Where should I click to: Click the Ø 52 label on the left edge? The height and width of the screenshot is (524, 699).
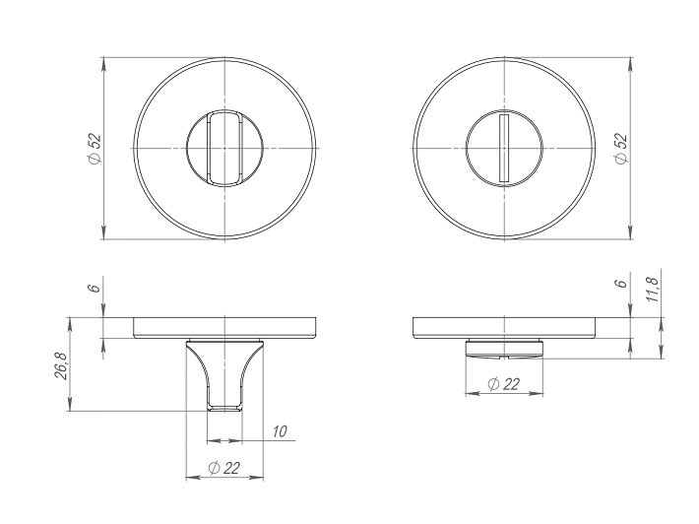click(94, 148)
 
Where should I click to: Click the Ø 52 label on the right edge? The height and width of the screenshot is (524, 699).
click(620, 148)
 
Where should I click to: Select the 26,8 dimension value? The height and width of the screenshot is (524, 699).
click(61, 365)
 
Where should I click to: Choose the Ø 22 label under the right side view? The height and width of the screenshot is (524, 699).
click(503, 385)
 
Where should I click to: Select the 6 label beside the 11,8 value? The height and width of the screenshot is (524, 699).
click(620, 284)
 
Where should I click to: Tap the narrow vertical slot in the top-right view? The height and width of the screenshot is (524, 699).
click(503, 148)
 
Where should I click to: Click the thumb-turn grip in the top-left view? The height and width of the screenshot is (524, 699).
click(225, 148)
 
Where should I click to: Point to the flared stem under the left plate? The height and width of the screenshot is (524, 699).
click(225, 374)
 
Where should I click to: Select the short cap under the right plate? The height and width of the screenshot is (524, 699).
click(503, 347)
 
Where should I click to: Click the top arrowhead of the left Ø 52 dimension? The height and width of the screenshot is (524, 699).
click(103, 62)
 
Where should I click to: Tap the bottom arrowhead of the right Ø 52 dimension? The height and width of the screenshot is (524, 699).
click(631, 233)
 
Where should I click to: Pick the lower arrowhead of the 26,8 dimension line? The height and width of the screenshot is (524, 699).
click(70, 406)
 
